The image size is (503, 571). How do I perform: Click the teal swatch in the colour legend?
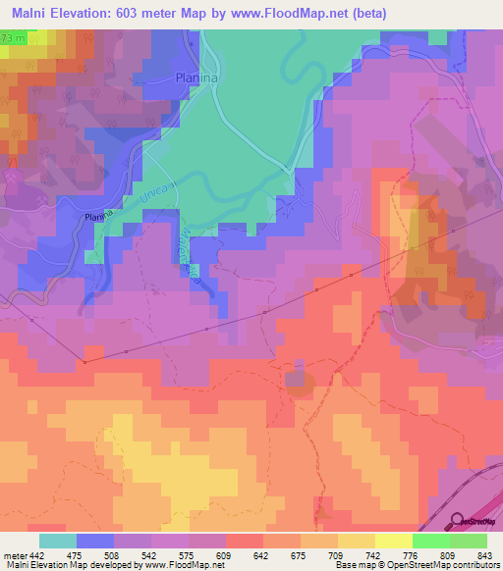pos(58,541)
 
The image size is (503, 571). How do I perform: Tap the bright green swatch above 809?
pos(431,541)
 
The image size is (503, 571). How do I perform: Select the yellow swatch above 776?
pos(394,541)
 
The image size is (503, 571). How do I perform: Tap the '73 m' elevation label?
pos(14,37)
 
